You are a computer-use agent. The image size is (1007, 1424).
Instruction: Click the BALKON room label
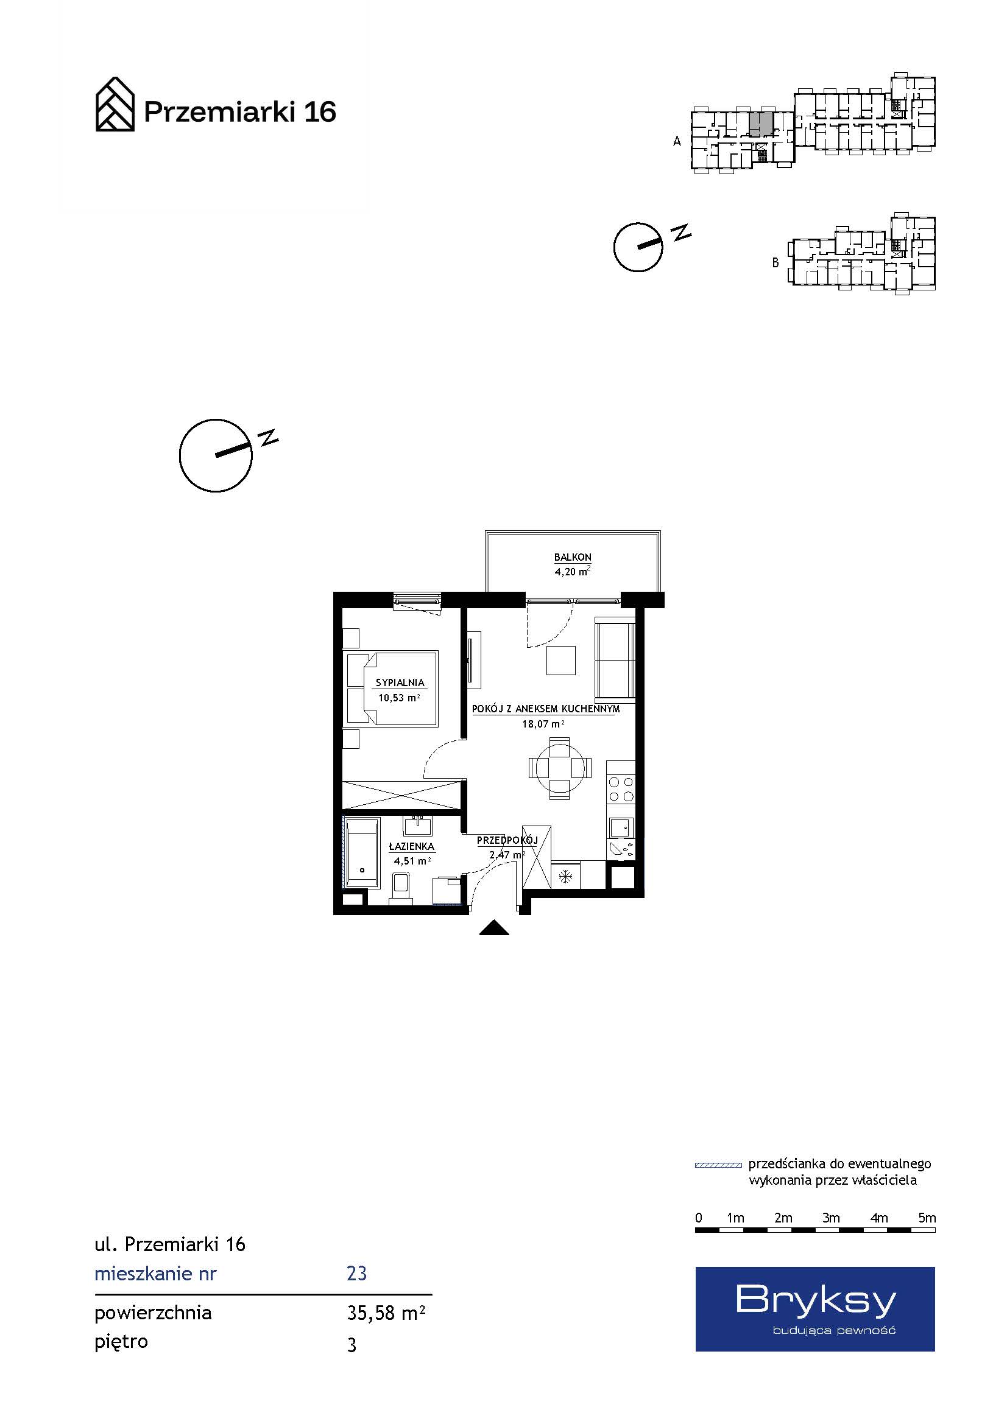(572, 557)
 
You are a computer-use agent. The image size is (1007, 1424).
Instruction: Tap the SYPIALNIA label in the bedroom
(400, 682)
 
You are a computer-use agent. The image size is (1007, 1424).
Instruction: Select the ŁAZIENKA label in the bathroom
(411, 846)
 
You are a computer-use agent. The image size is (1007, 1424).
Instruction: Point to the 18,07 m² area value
(543, 723)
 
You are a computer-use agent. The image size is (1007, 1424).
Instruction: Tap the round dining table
(559, 768)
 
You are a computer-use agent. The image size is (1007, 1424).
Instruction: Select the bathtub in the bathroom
(362, 853)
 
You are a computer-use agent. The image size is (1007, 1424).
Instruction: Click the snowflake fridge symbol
(565, 876)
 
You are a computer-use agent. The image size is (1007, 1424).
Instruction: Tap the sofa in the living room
(615, 658)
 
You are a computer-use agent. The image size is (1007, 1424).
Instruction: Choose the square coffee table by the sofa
(561, 660)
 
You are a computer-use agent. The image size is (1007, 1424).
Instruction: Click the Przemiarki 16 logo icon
(115, 104)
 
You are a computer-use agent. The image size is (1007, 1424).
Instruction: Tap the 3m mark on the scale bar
(831, 1218)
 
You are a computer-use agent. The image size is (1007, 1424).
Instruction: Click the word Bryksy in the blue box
(816, 1301)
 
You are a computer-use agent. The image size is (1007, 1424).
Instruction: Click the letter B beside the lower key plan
(775, 263)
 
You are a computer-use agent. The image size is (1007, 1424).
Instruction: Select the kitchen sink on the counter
(621, 827)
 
